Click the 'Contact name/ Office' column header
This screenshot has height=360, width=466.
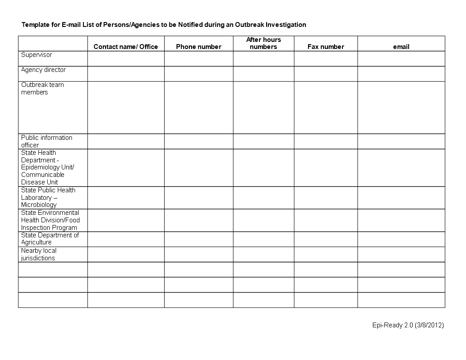[126, 47]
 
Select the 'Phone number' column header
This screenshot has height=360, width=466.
[199, 47]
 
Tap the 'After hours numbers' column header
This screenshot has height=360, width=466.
[263, 43]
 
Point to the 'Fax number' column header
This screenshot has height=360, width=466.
[326, 47]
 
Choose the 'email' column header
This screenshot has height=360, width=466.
[401, 47]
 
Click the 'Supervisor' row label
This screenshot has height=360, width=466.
[37, 55]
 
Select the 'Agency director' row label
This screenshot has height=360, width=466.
[43, 70]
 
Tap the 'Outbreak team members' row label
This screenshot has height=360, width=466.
[42, 88]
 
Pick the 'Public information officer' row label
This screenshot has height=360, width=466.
[46, 141]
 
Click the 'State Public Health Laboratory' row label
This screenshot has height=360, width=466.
[48, 197]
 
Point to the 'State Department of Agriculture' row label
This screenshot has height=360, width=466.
[50, 239]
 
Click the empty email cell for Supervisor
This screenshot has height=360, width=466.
[401, 59]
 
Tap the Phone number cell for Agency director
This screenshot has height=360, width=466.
[199, 74]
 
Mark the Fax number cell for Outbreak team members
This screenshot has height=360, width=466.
[326, 107]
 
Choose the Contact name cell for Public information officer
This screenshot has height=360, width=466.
[126, 141]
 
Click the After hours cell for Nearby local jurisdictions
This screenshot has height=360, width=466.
[263, 254]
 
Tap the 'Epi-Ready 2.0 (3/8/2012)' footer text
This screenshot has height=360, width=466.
[408, 325]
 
